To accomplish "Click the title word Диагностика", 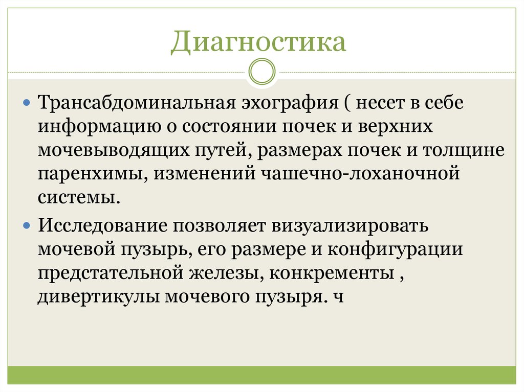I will [258, 42].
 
